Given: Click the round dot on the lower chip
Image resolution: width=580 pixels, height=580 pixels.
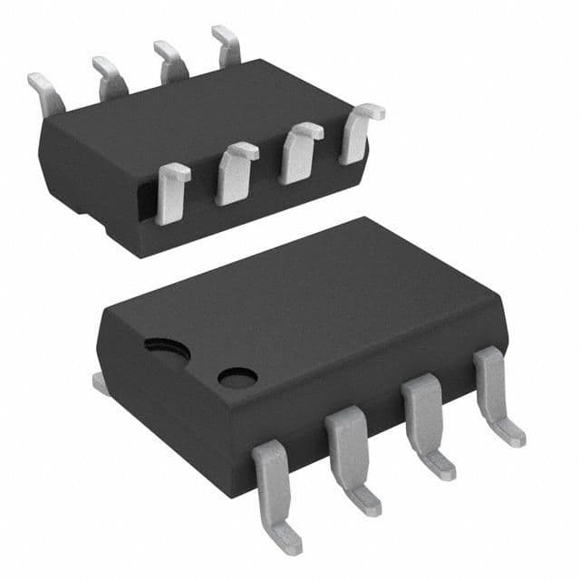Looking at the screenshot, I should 237,376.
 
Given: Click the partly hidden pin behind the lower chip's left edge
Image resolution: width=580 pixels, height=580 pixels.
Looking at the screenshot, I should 100,383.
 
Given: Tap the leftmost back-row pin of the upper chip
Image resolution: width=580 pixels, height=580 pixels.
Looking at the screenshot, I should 45,90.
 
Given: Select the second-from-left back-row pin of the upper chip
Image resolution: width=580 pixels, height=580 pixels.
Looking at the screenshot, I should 109,76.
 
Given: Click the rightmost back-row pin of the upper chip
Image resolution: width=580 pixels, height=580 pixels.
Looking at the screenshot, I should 227,45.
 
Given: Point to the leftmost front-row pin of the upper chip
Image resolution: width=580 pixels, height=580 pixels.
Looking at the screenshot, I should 172,192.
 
